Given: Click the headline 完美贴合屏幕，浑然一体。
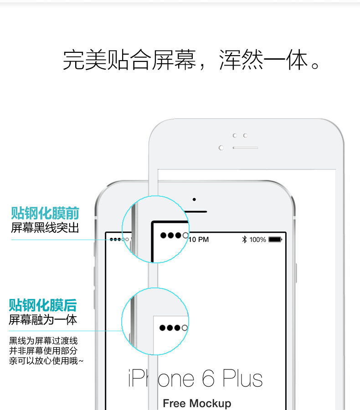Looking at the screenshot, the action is pos(191,60).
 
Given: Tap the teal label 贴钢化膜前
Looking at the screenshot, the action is pos(45,213).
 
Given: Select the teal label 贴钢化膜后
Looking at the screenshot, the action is pos(43,305).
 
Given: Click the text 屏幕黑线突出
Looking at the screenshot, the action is pos(45,227).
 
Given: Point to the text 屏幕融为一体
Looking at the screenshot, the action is pos(43,319).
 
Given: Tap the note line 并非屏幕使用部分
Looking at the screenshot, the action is pos(43,351).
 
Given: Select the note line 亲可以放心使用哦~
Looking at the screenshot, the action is pos(46,361).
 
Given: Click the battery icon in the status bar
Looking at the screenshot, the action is pos(275,239).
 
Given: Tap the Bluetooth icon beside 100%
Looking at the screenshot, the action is pos(244,239).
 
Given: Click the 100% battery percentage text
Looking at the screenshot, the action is pos(257,239).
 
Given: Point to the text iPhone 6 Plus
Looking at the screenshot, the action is pos(195,379).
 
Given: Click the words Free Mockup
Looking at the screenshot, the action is pos(197,403).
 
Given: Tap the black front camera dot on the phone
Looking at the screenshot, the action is pos(194,199).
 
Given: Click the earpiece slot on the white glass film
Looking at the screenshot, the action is pos(245,148).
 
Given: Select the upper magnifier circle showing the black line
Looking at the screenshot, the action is pos(155,229).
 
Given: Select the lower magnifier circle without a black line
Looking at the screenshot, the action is pos(155,321).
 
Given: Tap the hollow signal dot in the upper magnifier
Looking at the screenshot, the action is pos(185,236).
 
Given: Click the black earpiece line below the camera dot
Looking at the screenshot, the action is pos(196,211).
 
